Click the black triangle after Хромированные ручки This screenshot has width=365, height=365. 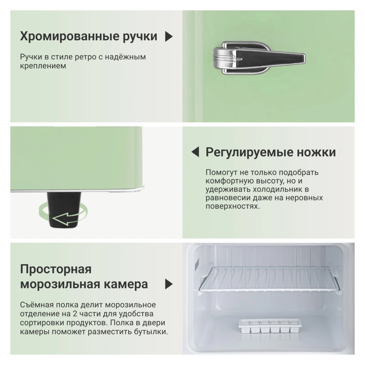point(169,36)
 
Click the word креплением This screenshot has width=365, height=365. point(43,66)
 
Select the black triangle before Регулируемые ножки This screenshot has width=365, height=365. point(195,152)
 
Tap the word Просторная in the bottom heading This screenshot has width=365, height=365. point(56,269)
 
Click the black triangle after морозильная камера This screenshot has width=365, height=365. point(169,284)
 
